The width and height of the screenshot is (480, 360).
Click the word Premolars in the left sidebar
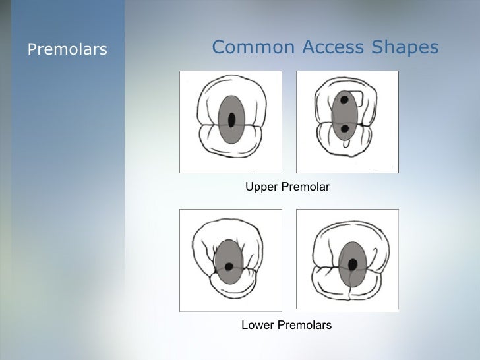[67, 49]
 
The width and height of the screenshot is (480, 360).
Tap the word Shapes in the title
[405, 47]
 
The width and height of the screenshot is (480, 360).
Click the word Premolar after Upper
[306, 187]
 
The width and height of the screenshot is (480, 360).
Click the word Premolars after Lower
[305, 325]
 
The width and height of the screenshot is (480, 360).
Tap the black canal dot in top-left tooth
[231, 120]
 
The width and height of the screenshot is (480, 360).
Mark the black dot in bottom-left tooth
[229, 267]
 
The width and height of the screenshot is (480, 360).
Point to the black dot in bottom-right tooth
[353, 264]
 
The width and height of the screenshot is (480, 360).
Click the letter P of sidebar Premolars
[31, 49]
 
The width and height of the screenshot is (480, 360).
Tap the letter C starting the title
[219, 47]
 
